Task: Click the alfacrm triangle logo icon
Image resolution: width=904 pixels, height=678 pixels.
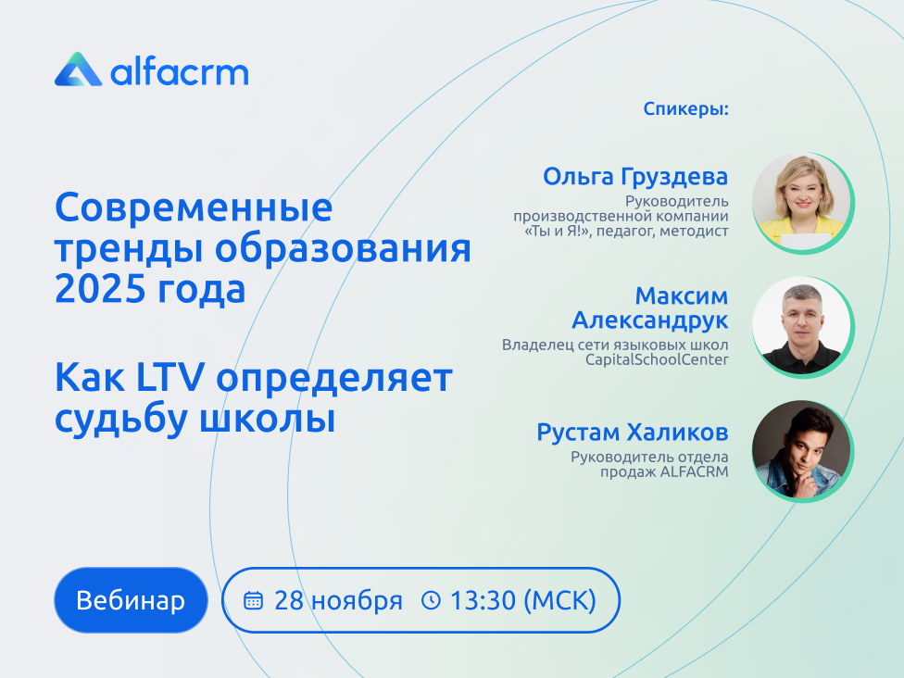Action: (78, 69)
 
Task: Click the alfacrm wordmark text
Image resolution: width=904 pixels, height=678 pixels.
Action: (180, 72)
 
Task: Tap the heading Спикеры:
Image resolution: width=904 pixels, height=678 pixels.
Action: (685, 108)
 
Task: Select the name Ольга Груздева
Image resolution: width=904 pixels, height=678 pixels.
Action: (635, 176)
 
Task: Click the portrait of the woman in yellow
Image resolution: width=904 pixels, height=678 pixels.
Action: (802, 202)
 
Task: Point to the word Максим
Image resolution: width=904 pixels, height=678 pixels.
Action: (682, 295)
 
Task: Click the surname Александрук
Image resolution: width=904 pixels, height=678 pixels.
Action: (650, 320)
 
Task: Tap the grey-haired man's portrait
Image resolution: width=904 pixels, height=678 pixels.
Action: (802, 327)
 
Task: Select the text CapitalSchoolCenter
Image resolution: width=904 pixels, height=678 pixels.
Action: (657, 359)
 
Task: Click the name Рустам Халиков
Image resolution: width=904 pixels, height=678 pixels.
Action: (633, 433)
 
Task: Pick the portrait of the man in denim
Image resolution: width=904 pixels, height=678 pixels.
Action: (802, 450)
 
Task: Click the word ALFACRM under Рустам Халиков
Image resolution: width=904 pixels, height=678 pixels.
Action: (694, 471)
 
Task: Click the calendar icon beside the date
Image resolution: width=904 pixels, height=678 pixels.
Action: (253, 600)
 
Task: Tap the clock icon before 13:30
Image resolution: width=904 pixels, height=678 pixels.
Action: (431, 600)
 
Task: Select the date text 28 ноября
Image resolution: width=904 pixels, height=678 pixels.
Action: (338, 601)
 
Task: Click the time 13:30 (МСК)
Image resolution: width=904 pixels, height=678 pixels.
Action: (523, 601)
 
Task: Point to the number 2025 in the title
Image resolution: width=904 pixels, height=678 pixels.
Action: (100, 289)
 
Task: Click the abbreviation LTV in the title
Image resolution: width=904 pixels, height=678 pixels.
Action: (170, 378)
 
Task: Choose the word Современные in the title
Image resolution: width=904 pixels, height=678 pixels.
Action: (194, 207)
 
